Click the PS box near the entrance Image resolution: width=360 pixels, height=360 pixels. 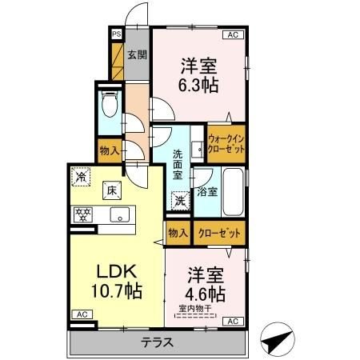[117, 34]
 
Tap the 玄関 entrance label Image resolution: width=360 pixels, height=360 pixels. [137, 55]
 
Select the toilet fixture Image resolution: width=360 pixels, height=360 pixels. [110, 104]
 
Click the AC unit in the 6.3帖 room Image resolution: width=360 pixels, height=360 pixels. [233, 35]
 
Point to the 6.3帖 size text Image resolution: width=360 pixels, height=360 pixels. [198, 85]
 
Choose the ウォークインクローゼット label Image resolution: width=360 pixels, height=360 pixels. [226, 144]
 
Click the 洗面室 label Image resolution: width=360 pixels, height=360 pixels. [178, 165]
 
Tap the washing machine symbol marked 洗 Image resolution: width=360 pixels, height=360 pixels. [180, 201]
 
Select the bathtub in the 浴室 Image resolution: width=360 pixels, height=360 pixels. [233, 192]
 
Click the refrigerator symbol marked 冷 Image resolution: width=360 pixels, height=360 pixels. [81, 177]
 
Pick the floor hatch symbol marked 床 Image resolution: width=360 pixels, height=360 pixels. [112, 190]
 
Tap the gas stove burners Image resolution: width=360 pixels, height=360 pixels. [83, 214]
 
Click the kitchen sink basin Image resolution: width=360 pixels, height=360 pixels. [120, 214]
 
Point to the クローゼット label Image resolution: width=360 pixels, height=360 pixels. [219, 234]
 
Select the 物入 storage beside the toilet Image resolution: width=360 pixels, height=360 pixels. [110, 151]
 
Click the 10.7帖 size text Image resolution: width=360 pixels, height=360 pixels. [117, 290]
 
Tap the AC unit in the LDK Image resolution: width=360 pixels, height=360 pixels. [82, 314]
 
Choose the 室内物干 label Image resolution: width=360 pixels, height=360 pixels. [195, 309]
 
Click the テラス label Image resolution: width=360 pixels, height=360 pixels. [158, 342]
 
